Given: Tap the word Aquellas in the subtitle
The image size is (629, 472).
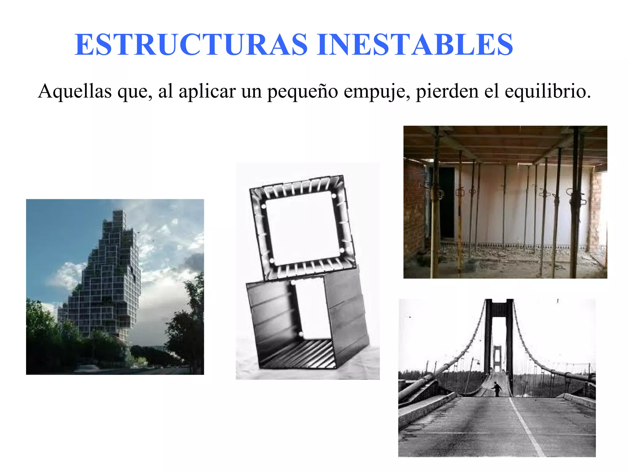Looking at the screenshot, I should (x=75, y=91).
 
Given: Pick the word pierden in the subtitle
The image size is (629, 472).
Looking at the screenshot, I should (x=447, y=92).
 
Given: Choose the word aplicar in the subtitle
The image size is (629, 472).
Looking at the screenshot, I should (x=207, y=92).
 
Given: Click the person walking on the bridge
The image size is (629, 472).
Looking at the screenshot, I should (x=496, y=388).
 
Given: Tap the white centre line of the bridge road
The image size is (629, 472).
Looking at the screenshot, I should (x=527, y=427).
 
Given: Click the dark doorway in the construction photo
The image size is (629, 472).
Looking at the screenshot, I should (x=447, y=203).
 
